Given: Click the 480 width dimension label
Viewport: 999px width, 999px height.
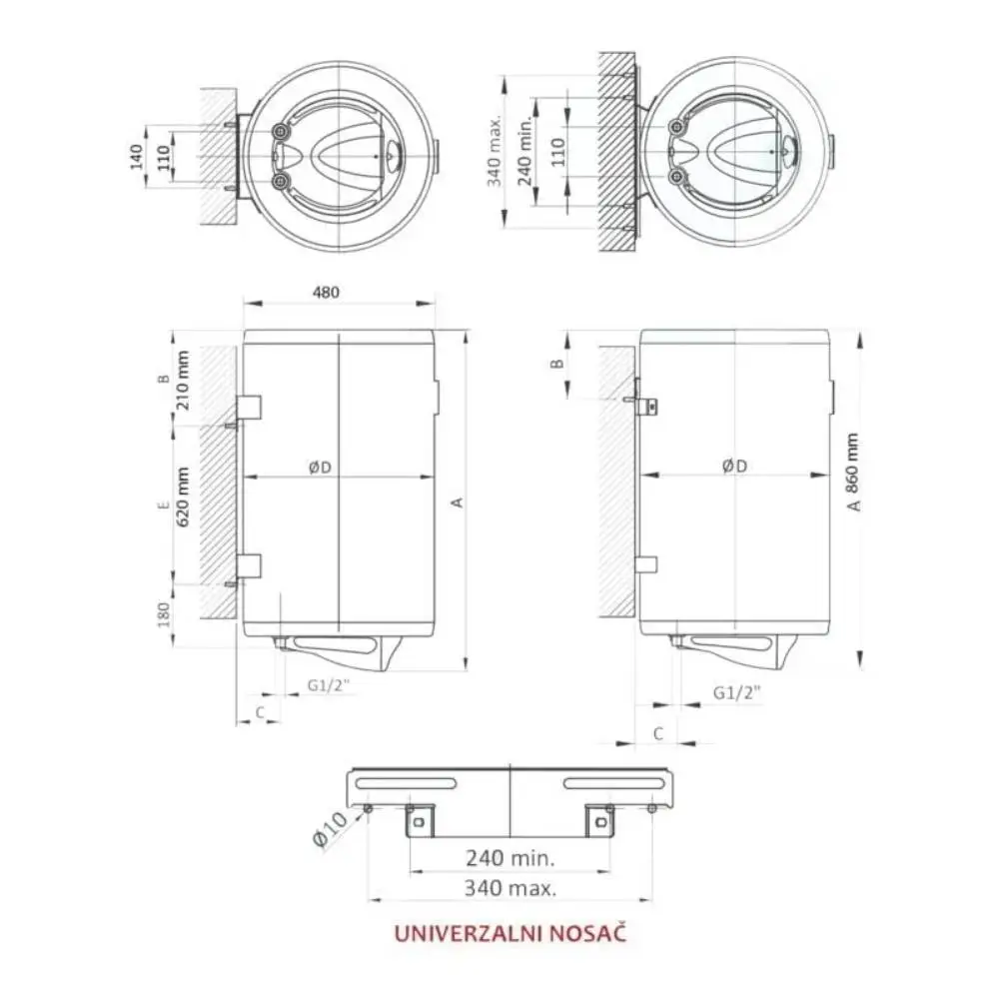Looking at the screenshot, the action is pos(326,293).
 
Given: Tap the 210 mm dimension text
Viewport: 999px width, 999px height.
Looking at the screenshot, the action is pos(182,381).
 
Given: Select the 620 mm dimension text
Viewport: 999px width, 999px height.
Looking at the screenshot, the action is pos(182,497).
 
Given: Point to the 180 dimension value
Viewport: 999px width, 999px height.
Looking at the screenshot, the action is pos(164,614).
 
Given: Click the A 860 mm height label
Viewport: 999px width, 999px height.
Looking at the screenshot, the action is pos(853,473).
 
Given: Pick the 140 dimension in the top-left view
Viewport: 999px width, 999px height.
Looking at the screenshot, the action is pos(136,158).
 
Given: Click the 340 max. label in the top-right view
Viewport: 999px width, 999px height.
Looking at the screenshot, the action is pos(496,151).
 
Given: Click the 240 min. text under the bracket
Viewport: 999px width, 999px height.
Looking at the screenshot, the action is pos(510,858).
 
